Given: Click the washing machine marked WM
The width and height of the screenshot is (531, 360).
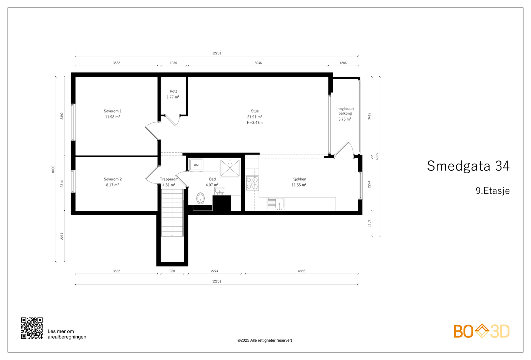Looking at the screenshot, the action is click(x=196, y=165).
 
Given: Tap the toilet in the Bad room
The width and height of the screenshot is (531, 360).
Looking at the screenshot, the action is click(x=200, y=198).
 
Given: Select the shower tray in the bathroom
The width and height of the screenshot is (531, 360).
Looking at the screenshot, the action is click(x=230, y=168).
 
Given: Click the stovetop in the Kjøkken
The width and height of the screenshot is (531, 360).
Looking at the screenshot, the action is click(x=252, y=183).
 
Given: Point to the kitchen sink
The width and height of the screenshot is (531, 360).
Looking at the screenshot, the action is click(x=276, y=203).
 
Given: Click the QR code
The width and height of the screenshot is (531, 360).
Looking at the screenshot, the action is click(x=32, y=328).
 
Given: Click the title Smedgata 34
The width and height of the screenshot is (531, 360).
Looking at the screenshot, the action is click(x=468, y=166).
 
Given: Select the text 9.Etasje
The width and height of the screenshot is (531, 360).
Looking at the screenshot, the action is click(x=493, y=190).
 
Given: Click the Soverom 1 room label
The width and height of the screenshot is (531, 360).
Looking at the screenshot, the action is click(x=113, y=111).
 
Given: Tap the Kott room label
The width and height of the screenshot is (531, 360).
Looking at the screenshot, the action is click(x=173, y=91).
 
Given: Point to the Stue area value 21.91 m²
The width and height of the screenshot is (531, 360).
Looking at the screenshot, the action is click(x=255, y=117).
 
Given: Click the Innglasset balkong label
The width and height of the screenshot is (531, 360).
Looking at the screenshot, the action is click(x=345, y=111).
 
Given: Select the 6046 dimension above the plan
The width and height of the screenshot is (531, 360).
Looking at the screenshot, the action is click(x=258, y=63).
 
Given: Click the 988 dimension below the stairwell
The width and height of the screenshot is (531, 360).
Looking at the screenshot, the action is click(x=172, y=271).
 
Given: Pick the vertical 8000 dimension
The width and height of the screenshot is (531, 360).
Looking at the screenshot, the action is click(x=53, y=169).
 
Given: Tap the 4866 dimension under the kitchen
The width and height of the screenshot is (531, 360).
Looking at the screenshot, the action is click(x=302, y=271).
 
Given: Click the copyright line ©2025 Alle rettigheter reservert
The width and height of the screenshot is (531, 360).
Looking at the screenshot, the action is click(x=265, y=340).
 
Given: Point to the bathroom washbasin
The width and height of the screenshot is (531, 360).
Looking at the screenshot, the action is click(x=220, y=191).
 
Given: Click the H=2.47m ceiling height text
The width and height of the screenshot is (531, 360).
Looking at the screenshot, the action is click(x=255, y=122).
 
